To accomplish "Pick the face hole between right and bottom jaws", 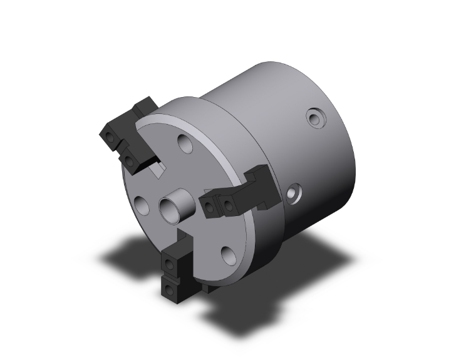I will pyautogui.click(x=228, y=253).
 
